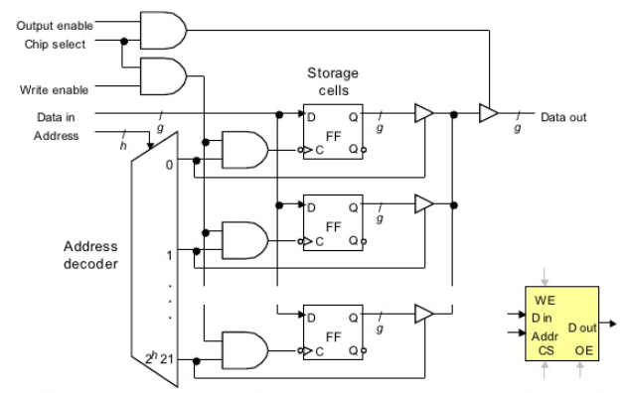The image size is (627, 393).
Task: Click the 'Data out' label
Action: pyautogui.click(x=563, y=117)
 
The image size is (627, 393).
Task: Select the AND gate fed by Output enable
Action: pyautogui.click(x=163, y=32)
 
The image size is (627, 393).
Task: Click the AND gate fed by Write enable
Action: pyautogui.click(x=163, y=77)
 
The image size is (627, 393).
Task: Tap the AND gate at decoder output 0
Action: pyautogui.click(x=243, y=151)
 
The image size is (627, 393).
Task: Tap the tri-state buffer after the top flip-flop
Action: pyautogui.click(x=422, y=116)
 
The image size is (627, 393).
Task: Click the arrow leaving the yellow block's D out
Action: pyautogui.click(x=609, y=324)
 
